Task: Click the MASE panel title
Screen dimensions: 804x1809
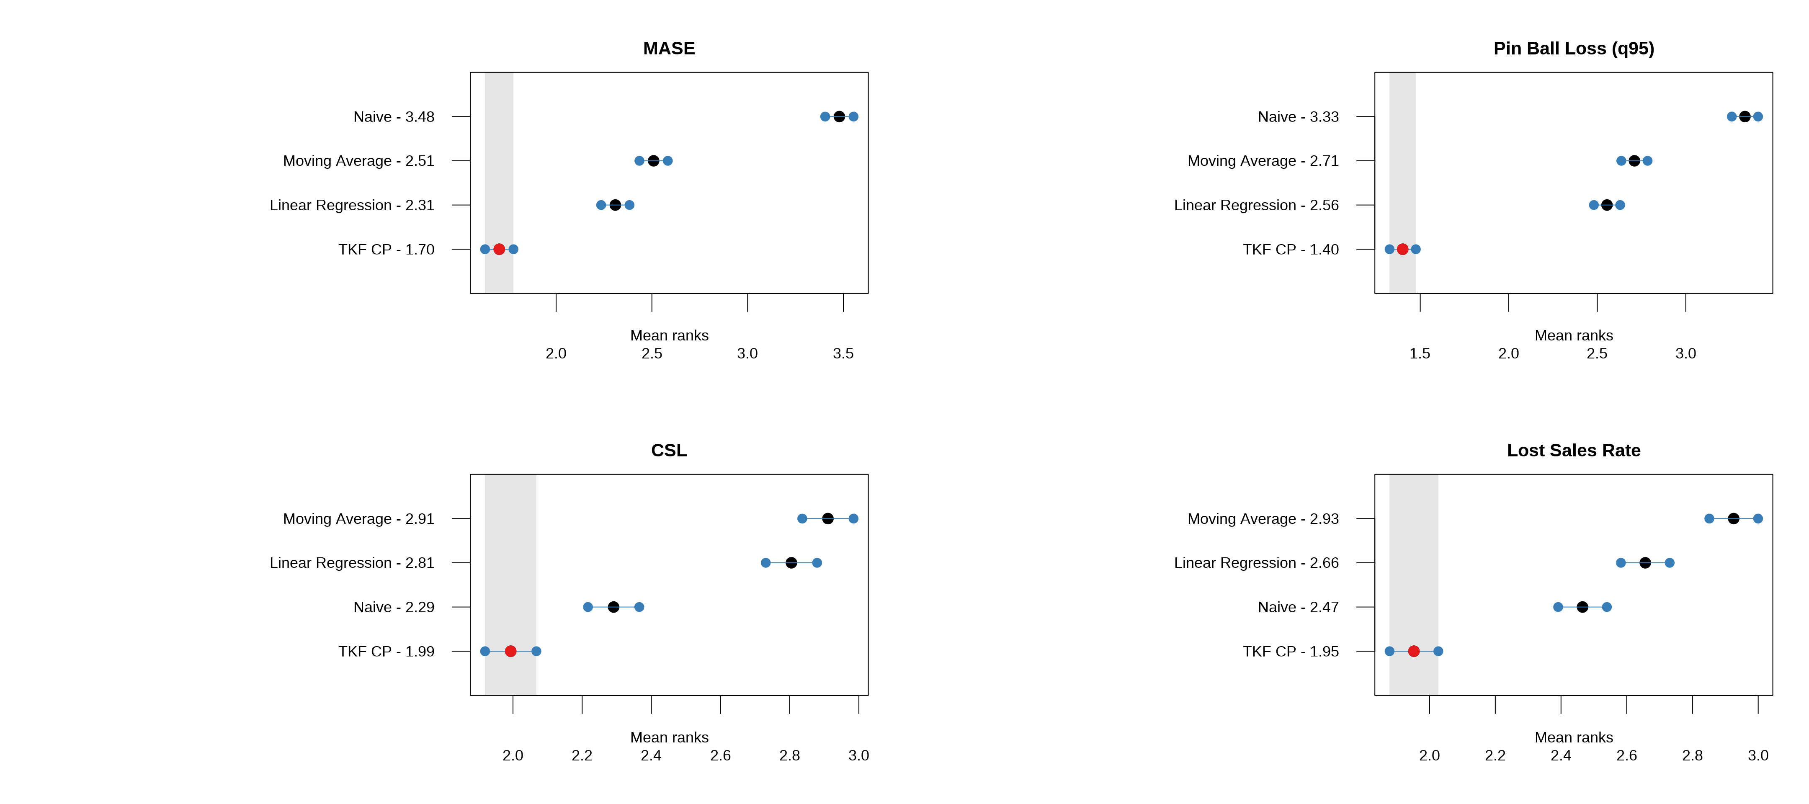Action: click(669, 49)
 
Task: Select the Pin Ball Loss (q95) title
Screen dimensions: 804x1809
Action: click(1573, 49)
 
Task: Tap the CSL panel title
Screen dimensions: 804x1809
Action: click(669, 450)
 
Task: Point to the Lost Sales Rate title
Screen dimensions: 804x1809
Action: click(1573, 450)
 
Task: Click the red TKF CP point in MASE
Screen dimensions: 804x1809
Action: click(499, 249)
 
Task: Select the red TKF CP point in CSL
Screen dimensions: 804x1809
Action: click(510, 651)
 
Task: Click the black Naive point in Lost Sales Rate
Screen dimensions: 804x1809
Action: click(1582, 607)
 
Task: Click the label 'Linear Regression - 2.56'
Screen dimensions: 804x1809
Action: click(1256, 205)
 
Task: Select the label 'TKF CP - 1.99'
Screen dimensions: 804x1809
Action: click(386, 651)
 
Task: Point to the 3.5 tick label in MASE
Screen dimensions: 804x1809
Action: click(843, 353)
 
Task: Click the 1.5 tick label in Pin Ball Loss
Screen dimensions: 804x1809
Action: click(1419, 353)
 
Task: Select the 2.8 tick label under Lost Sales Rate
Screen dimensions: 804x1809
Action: click(1692, 755)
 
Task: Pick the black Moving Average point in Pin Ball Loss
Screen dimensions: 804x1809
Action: click(1634, 161)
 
